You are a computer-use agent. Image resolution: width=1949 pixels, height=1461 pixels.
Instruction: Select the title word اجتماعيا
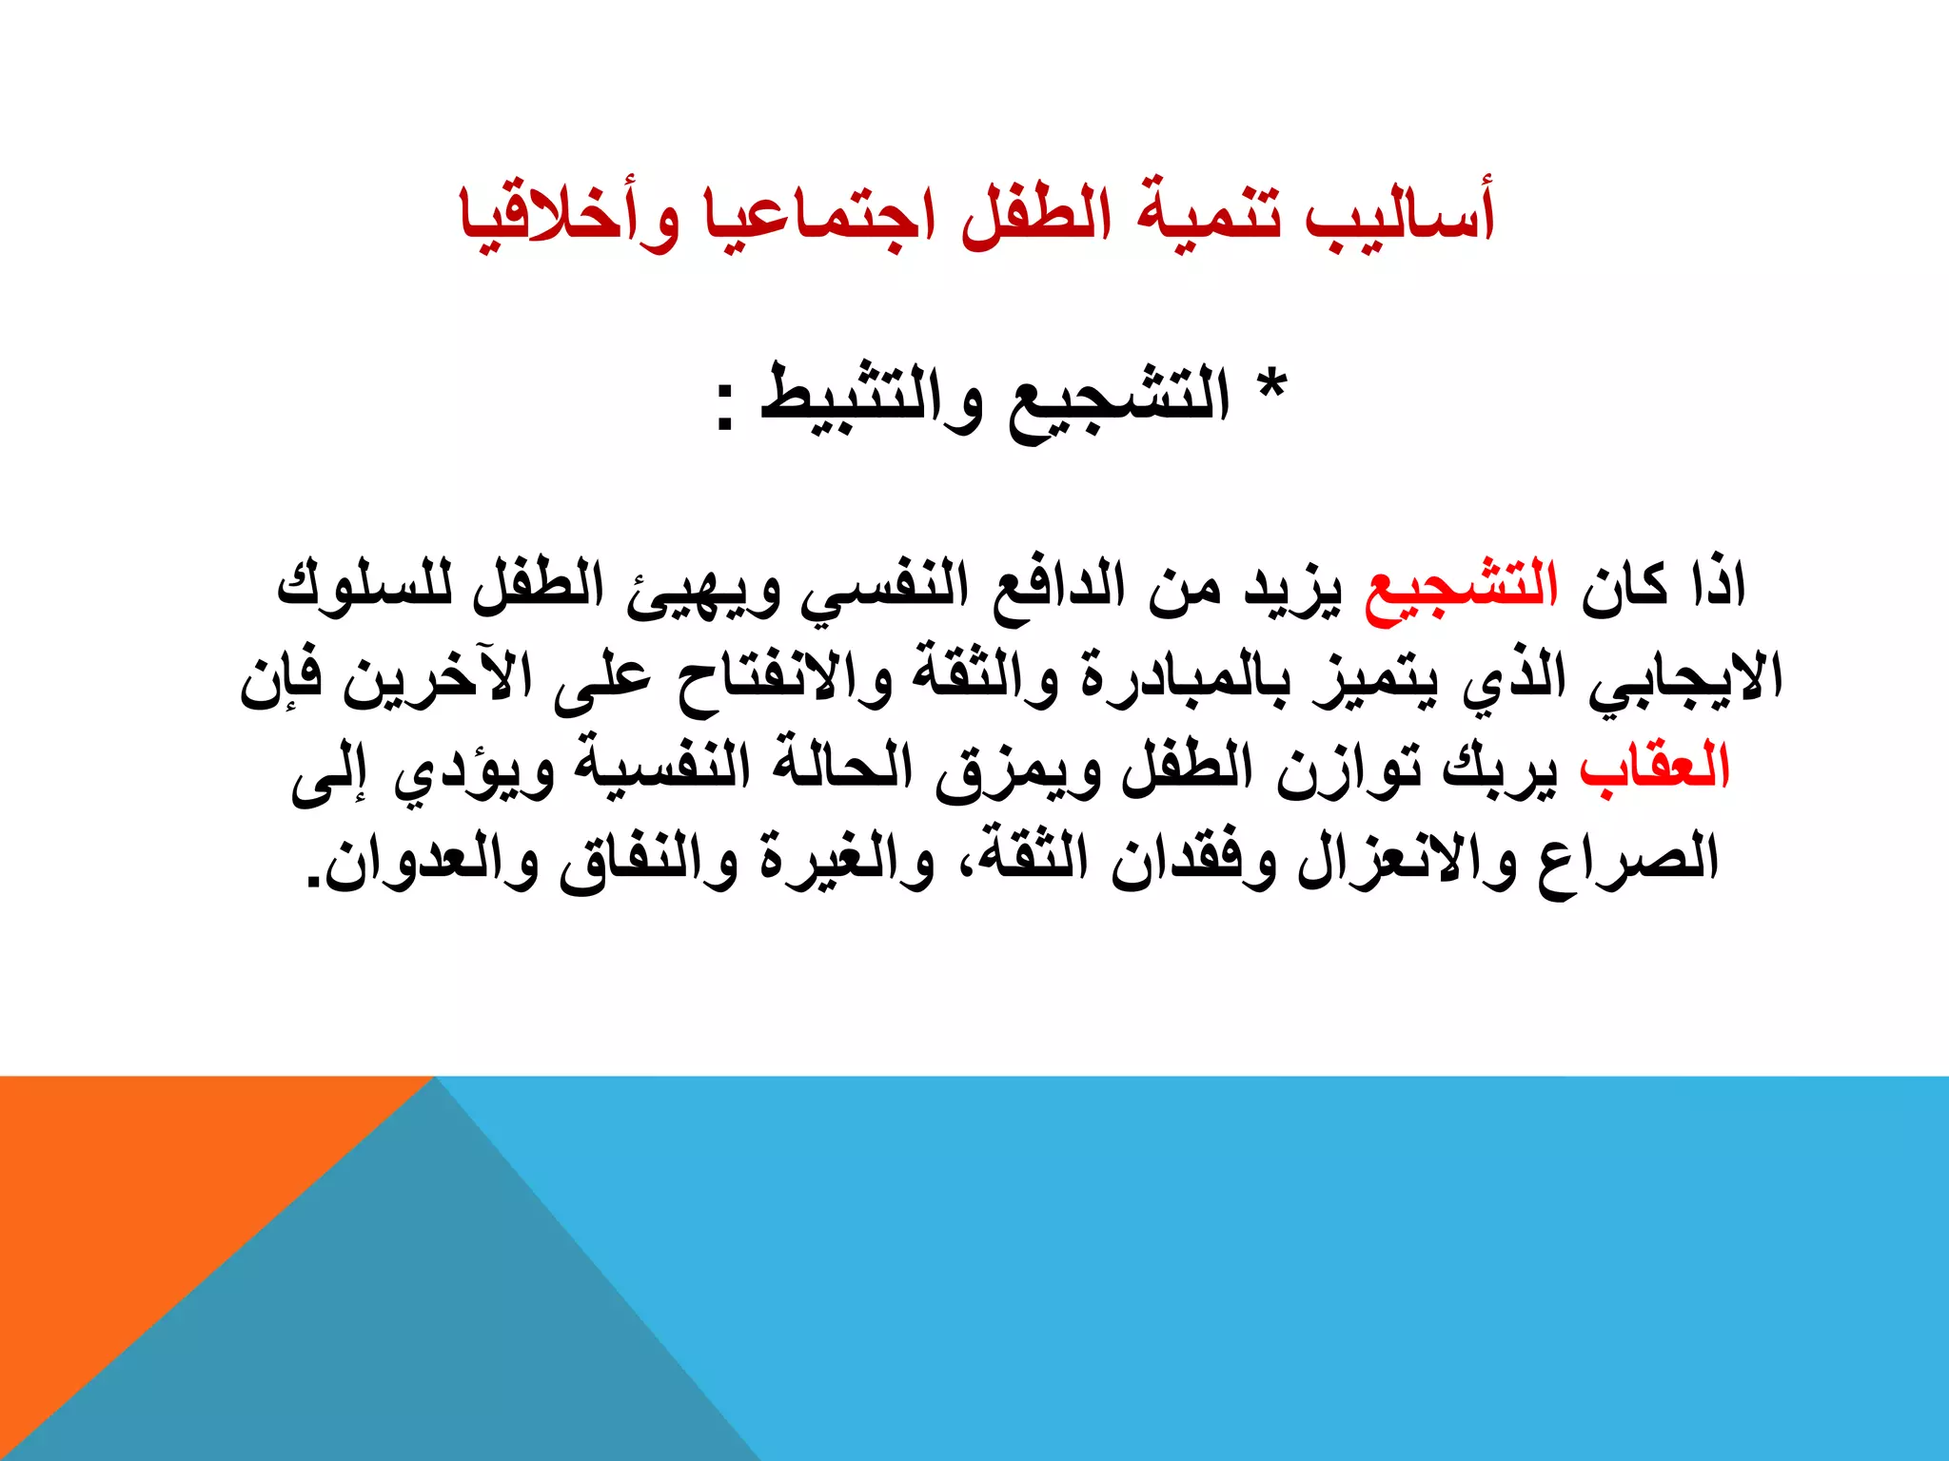click(x=818, y=216)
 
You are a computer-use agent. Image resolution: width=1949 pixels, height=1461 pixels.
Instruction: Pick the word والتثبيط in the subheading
click(x=872, y=398)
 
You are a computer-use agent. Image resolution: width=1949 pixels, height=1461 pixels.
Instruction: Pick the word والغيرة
click(x=837, y=862)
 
